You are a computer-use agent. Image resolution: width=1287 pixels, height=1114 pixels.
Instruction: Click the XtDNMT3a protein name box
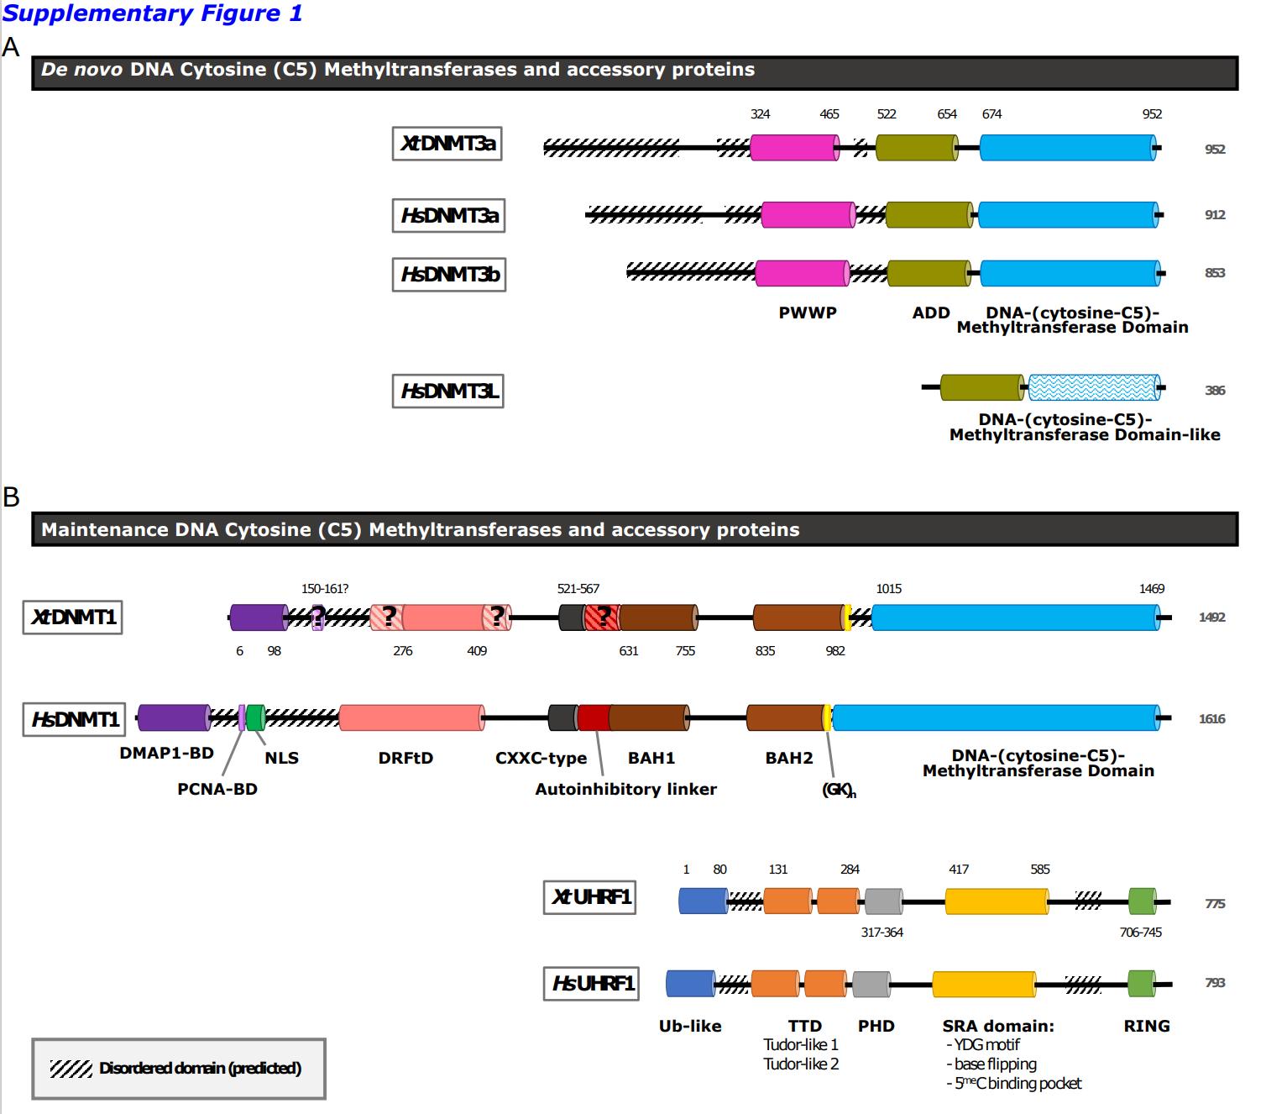[x=447, y=144]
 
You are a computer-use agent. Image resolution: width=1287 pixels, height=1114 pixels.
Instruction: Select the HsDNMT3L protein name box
[x=447, y=391]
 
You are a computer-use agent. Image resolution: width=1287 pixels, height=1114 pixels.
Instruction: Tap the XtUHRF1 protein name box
[x=589, y=897]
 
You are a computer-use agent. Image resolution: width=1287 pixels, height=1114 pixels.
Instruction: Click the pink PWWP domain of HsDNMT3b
[x=802, y=273]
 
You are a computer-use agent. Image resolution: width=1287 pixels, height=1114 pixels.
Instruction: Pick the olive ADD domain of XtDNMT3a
[x=916, y=149]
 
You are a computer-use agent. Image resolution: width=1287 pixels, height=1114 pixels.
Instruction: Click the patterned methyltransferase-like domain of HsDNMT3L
[x=1092, y=387]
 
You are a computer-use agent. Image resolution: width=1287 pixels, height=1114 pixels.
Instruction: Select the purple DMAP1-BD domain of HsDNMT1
[x=173, y=718]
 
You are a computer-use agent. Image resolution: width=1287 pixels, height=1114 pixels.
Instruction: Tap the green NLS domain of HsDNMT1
[x=255, y=718]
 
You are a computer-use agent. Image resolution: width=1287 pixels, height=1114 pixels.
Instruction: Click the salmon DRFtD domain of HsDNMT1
[x=411, y=718]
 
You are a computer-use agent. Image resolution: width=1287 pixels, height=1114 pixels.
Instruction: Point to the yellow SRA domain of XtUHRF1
[x=997, y=901]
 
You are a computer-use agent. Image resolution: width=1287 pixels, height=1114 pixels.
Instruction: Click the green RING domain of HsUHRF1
[x=1141, y=983]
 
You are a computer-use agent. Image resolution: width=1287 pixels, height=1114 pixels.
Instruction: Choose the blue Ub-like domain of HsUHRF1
[x=690, y=983]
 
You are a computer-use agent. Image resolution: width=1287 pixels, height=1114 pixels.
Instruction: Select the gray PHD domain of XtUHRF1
[x=883, y=901]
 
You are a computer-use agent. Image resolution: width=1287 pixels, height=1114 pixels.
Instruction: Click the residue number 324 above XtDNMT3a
[x=760, y=114]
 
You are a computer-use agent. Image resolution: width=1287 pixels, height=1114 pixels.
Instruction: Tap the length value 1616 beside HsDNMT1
[x=1211, y=719]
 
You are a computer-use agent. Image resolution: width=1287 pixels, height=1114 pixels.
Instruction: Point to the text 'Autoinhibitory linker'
[x=625, y=789]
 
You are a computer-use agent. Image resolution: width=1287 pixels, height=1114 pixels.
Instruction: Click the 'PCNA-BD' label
[x=217, y=789]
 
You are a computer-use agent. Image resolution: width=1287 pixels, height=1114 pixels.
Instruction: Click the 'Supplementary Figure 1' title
[x=152, y=13]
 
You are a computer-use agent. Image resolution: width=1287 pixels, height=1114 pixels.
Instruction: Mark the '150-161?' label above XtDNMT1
[x=325, y=589]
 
